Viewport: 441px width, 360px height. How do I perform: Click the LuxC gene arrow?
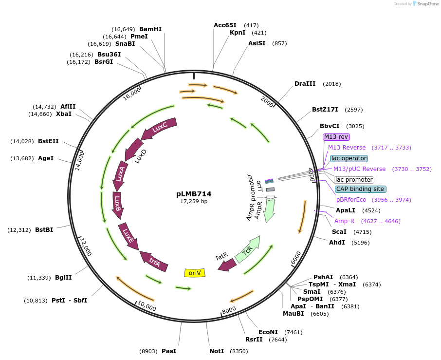click(159, 129)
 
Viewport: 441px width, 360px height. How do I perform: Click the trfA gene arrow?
click(154, 262)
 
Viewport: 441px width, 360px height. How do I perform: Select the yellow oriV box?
click(195, 272)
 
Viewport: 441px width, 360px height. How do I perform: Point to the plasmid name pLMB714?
click(194, 194)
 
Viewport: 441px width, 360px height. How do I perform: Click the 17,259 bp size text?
click(194, 201)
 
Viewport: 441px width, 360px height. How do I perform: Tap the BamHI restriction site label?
click(150, 29)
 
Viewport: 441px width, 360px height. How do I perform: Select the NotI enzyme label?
click(217, 351)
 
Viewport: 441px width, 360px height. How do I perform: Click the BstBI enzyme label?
click(44, 229)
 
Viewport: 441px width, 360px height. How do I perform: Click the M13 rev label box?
click(336, 137)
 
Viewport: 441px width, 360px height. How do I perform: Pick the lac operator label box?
click(349, 158)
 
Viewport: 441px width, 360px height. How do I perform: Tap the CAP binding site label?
click(361, 189)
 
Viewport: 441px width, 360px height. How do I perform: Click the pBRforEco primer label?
click(351, 200)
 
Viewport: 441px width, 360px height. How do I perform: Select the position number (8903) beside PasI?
click(148, 351)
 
